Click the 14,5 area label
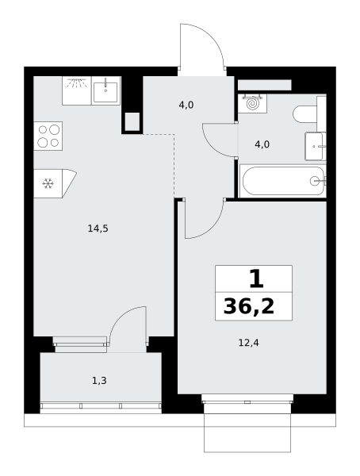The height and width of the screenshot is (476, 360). coord(98,228)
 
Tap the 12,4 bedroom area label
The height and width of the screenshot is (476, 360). coord(249,343)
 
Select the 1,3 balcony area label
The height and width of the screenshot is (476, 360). coord(99,380)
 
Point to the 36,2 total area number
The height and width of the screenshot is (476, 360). coord(249,306)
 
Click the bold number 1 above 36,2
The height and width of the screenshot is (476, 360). coord(256,279)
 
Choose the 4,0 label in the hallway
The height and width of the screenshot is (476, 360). coord(186,106)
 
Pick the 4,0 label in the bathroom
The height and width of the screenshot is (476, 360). coord(262,144)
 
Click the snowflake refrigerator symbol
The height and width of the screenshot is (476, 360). coord(48,184)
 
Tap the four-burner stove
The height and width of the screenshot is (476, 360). coord(48,136)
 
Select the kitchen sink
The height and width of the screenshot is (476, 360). coord(106,90)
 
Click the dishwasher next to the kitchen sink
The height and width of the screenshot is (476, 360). coord(77,90)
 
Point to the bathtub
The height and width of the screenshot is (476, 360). coord(283,181)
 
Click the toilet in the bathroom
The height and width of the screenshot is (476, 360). coord(306,114)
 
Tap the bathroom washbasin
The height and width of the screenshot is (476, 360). coord(316,146)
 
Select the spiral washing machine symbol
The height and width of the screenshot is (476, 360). coord(252,104)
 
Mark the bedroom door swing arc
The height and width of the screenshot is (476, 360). coord(213,227)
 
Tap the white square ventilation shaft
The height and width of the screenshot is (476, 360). coord(132,121)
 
